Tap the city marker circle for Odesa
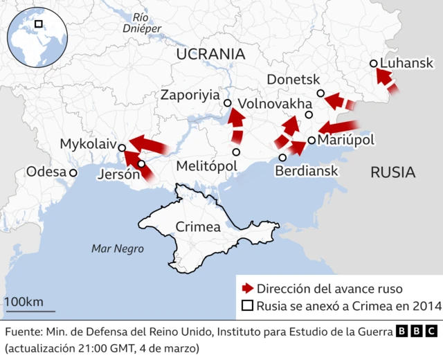pyautogui.click(x=73, y=172)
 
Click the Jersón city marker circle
pyautogui.click(x=142, y=164)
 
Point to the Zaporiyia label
pyautogui.click(x=190, y=95)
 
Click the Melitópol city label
pyautogui.click(x=206, y=166)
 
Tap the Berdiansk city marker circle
pyautogui.click(x=282, y=157)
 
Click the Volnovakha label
pyautogui.click(x=275, y=104)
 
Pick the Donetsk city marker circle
pyautogui.click(x=320, y=93)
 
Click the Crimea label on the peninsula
pyautogui.click(x=198, y=226)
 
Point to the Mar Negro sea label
pyautogui.click(x=118, y=249)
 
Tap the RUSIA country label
pyautogui.click(x=392, y=172)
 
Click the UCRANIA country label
pyautogui.click(x=210, y=54)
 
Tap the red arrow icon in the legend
pyautogui.click(x=246, y=289)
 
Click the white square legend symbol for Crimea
pyautogui.click(x=246, y=306)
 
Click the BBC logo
pyautogui.click(x=417, y=332)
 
